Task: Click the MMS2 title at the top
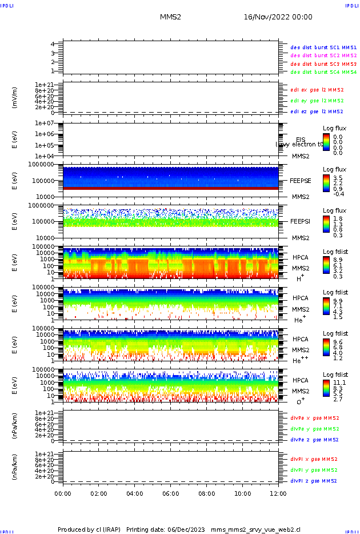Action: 170,17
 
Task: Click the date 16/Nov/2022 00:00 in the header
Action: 278,17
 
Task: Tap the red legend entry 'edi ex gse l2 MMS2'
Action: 317,90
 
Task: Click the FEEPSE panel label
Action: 300,181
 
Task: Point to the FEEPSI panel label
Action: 300,221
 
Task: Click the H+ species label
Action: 300,278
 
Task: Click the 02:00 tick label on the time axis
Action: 99,493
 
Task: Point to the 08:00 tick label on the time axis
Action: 206,493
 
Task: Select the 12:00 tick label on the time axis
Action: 278,493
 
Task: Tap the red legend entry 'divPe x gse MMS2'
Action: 314,418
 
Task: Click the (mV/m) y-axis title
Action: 15,98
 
